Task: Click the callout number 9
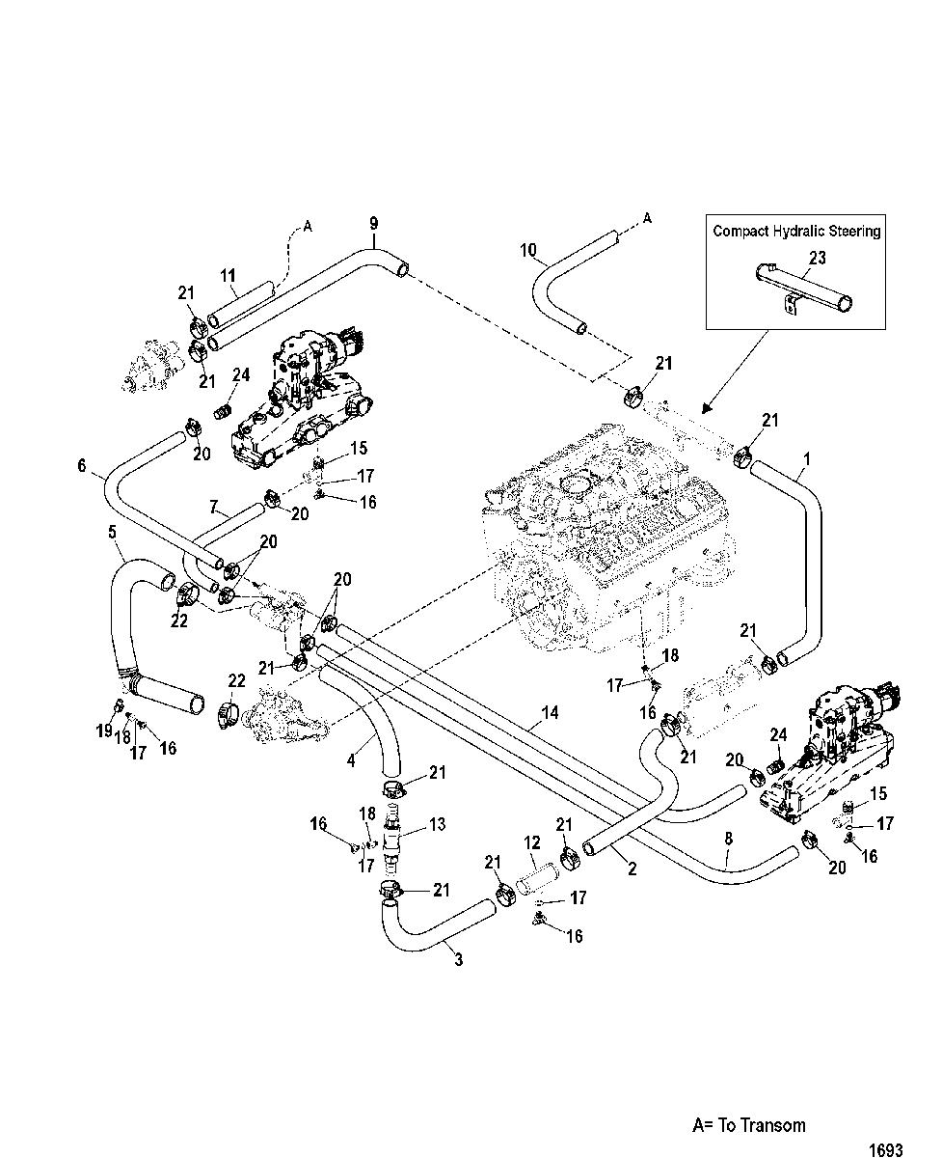pyautogui.click(x=374, y=224)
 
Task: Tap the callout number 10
pyautogui.click(x=528, y=250)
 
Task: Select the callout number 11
pyautogui.click(x=228, y=276)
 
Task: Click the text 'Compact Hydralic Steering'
pyautogui.click(x=796, y=231)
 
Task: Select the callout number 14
pyautogui.click(x=550, y=711)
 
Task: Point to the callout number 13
pyautogui.click(x=437, y=824)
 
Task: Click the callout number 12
pyautogui.click(x=532, y=842)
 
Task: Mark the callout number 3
pyautogui.click(x=459, y=959)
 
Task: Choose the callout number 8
pyautogui.click(x=729, y=838)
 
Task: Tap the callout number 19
pyautogui.click(x=104, y=731)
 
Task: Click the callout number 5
pyautogui.click(x=112, y=531)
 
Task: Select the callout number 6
pyautogui.click(x=82, y=465)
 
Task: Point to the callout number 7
pyautogui.click(x=213, y=507)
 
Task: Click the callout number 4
pyautogui.click(x=351, y=760)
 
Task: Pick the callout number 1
pyautogui.click(x=807, y=459)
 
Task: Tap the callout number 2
pyautogui.click(x=632, y=868)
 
